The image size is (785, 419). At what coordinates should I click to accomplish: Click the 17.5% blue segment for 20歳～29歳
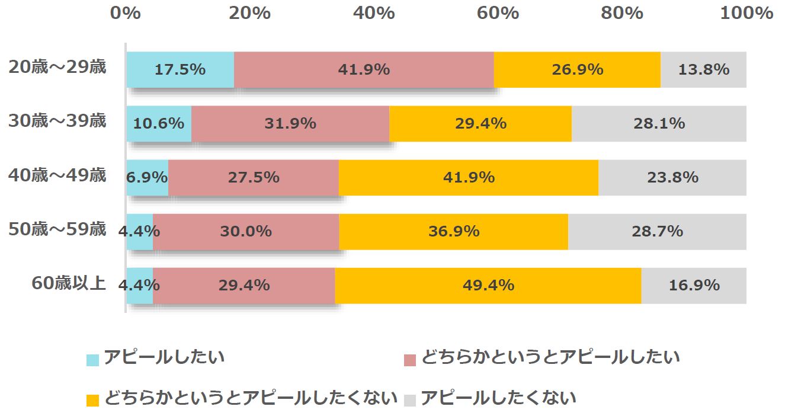coord(180,70)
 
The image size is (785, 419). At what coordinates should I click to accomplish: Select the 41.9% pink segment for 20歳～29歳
coord(364,70)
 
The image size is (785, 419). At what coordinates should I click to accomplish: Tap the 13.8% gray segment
coord(703,70)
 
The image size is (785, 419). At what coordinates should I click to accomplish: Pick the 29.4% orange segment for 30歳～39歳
coord(480,124)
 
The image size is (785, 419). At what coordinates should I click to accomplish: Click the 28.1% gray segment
coord(659,124)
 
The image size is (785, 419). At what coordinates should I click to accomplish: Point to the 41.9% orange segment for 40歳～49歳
coord(468,178)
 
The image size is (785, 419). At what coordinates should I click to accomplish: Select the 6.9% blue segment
coord(148,178)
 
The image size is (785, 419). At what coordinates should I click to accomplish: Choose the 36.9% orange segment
coord(453,232)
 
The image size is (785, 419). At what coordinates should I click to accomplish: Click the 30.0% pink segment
coord(246,232)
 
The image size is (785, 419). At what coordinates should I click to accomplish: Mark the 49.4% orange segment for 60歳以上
coord(488,286)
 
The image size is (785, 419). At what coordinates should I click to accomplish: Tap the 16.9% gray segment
coord(694,286)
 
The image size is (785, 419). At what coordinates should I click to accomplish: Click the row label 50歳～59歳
coord(57,229)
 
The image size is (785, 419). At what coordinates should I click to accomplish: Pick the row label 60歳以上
coord(69,283)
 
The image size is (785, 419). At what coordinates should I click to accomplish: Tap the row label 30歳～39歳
coord(57,121)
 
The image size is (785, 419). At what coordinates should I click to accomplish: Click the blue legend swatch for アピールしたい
coord(93,360)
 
